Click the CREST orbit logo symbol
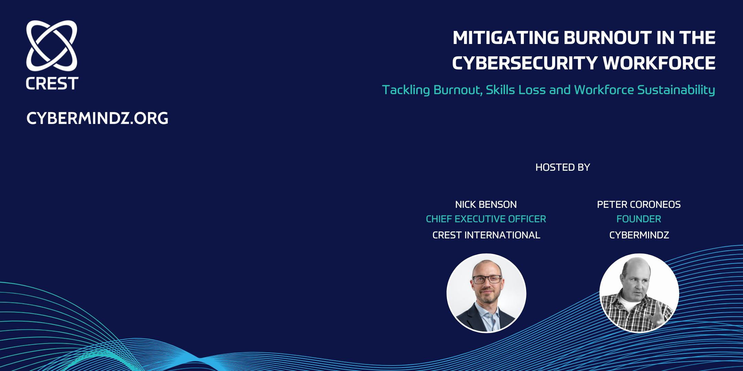point(52,45)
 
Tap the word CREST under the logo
point(52,83)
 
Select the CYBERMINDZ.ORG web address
point(97,118)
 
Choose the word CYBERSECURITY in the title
point(525,64)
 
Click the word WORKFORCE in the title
point(659,64)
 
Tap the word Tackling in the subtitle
point(406,90)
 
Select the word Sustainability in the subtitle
point(676,90)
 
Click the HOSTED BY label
point(563,167)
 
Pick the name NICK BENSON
point(486,205)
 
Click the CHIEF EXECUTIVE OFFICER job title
point(486,219)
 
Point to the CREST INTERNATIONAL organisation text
point(486,235)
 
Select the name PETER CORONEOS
point(639,205)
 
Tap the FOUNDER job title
point(639,219)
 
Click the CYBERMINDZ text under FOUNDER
point(639,235)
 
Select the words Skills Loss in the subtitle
point(515,90)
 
